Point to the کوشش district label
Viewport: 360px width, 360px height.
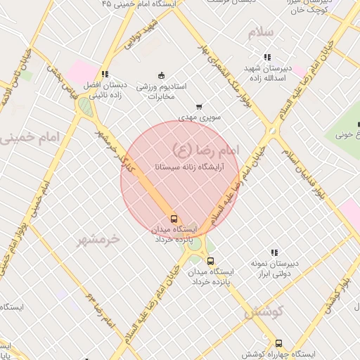click(x=264, y=311)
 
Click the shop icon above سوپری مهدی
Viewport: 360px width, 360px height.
click(x=199, y=107)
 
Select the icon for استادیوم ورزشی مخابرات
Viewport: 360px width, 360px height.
click(x=161, y=75)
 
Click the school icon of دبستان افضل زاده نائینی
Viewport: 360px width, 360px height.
click(x=105, y=74)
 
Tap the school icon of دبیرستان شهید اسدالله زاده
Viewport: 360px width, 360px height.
click(x=266, y=57)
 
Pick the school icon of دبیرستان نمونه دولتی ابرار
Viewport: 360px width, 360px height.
click(x=274, y=252)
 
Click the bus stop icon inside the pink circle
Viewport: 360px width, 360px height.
click(x=174, y=218)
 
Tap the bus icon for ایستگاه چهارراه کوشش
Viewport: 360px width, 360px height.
click(x=279, y=344)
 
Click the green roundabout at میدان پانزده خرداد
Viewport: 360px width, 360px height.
click(x=193, y=244)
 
